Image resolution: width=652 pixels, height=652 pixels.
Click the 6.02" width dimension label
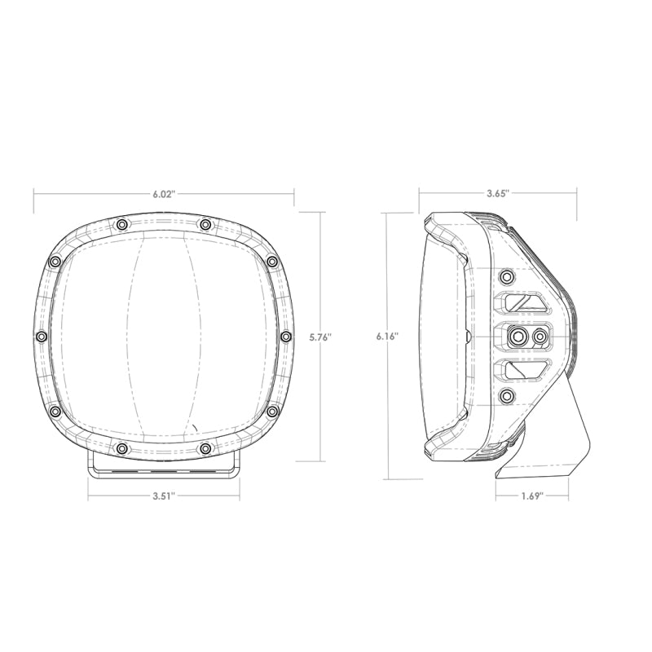(x=164, y=194)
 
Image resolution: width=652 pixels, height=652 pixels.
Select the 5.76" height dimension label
(x=321, y=337)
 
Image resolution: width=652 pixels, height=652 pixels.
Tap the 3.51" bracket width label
(x=164, y=495)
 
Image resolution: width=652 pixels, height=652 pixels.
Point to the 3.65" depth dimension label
(x=497, y=194)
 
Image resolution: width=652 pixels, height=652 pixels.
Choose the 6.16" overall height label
(x=389, y=337)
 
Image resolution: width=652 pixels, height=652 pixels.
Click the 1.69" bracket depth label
(x=531, y=495)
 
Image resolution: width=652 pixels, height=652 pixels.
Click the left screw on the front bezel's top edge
(x=121, y=224)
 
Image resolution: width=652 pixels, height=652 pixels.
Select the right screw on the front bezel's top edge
(x=205, y=224)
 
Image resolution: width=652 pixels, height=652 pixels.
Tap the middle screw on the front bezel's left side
(x=41, y=336)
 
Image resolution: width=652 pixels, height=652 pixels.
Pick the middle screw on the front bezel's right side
(x=285, y=336)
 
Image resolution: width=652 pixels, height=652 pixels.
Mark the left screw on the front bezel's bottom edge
(x=121, y=448)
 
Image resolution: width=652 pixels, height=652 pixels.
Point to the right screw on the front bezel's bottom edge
(x=205, y=448)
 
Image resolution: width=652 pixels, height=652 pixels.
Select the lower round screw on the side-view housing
(x=507, y=397)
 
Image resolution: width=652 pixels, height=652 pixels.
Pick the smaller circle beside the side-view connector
(x=539, y=336)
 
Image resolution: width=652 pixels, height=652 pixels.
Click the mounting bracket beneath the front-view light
(x=164, y=466)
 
